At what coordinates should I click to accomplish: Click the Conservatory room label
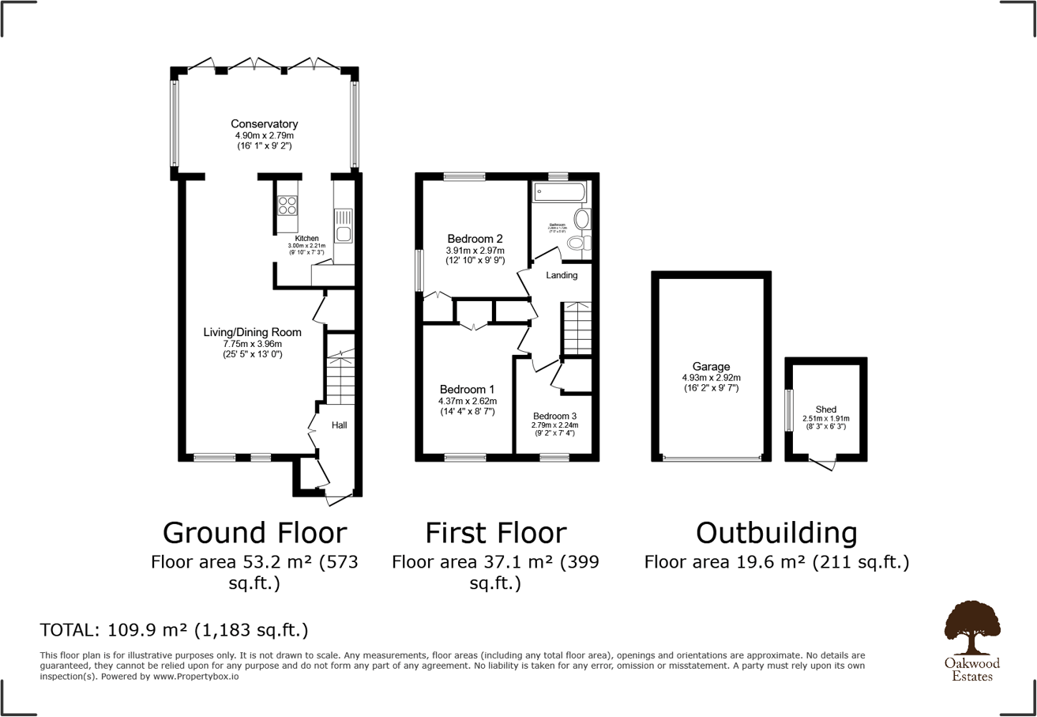264,124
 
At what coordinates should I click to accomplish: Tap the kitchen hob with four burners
287,206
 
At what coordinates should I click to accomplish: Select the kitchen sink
344,225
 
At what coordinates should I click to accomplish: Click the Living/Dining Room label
252,332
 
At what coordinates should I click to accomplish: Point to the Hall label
339,425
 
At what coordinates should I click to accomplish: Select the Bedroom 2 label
475,239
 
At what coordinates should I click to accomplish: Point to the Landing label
562,275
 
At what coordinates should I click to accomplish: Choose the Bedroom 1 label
467,390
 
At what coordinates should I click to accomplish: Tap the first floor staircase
577,328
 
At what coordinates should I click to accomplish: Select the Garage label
711,367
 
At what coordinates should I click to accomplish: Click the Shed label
825,409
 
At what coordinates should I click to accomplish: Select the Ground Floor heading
254,533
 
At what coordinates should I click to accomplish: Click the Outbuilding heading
776,533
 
